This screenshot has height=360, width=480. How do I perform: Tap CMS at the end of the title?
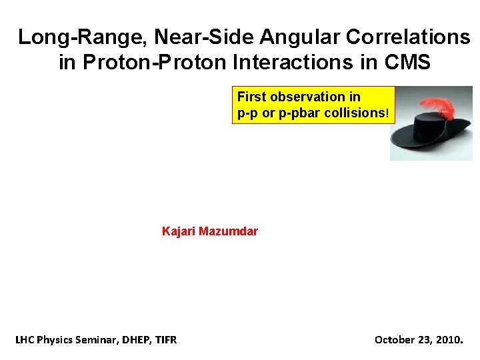click(x=407, y=63)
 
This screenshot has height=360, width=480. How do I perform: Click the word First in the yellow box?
click(x=251, y=97)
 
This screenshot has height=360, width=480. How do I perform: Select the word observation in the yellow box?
click(x=313, y=97)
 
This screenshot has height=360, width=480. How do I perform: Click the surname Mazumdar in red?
click(x=228, y=232)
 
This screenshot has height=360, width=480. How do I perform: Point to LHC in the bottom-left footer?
click(x=25, y=340)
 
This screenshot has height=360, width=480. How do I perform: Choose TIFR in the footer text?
click(x=164, y=340)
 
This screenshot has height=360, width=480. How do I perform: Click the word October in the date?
click(x=394, y=340)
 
